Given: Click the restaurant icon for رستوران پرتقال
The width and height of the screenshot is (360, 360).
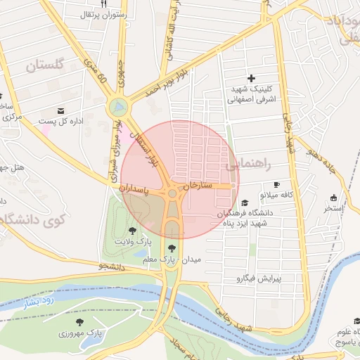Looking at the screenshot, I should [x=103, y=4].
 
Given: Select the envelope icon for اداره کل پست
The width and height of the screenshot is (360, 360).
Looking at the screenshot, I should [x=60, y=111].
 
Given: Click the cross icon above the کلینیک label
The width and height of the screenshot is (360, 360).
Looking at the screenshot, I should [x=252, y=77].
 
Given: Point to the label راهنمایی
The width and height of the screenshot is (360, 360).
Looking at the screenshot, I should [x=247, y=165].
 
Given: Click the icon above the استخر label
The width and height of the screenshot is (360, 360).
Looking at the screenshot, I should [x=333, y=198].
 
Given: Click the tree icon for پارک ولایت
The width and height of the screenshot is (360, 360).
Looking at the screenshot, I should [x=132, y=230].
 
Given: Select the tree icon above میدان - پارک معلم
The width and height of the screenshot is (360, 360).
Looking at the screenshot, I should [x=172, y=247].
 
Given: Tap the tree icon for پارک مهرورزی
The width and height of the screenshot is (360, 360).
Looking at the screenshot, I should [x=88, y=321].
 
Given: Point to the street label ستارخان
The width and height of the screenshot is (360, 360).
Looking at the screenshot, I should [x=198, y=186].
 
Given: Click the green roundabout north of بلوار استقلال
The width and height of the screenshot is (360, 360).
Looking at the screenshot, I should [x=118, y=108].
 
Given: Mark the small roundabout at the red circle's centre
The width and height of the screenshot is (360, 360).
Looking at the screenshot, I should [x=172, y=193].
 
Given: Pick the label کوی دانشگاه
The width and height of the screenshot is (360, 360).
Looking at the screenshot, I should [x=32, y=219].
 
